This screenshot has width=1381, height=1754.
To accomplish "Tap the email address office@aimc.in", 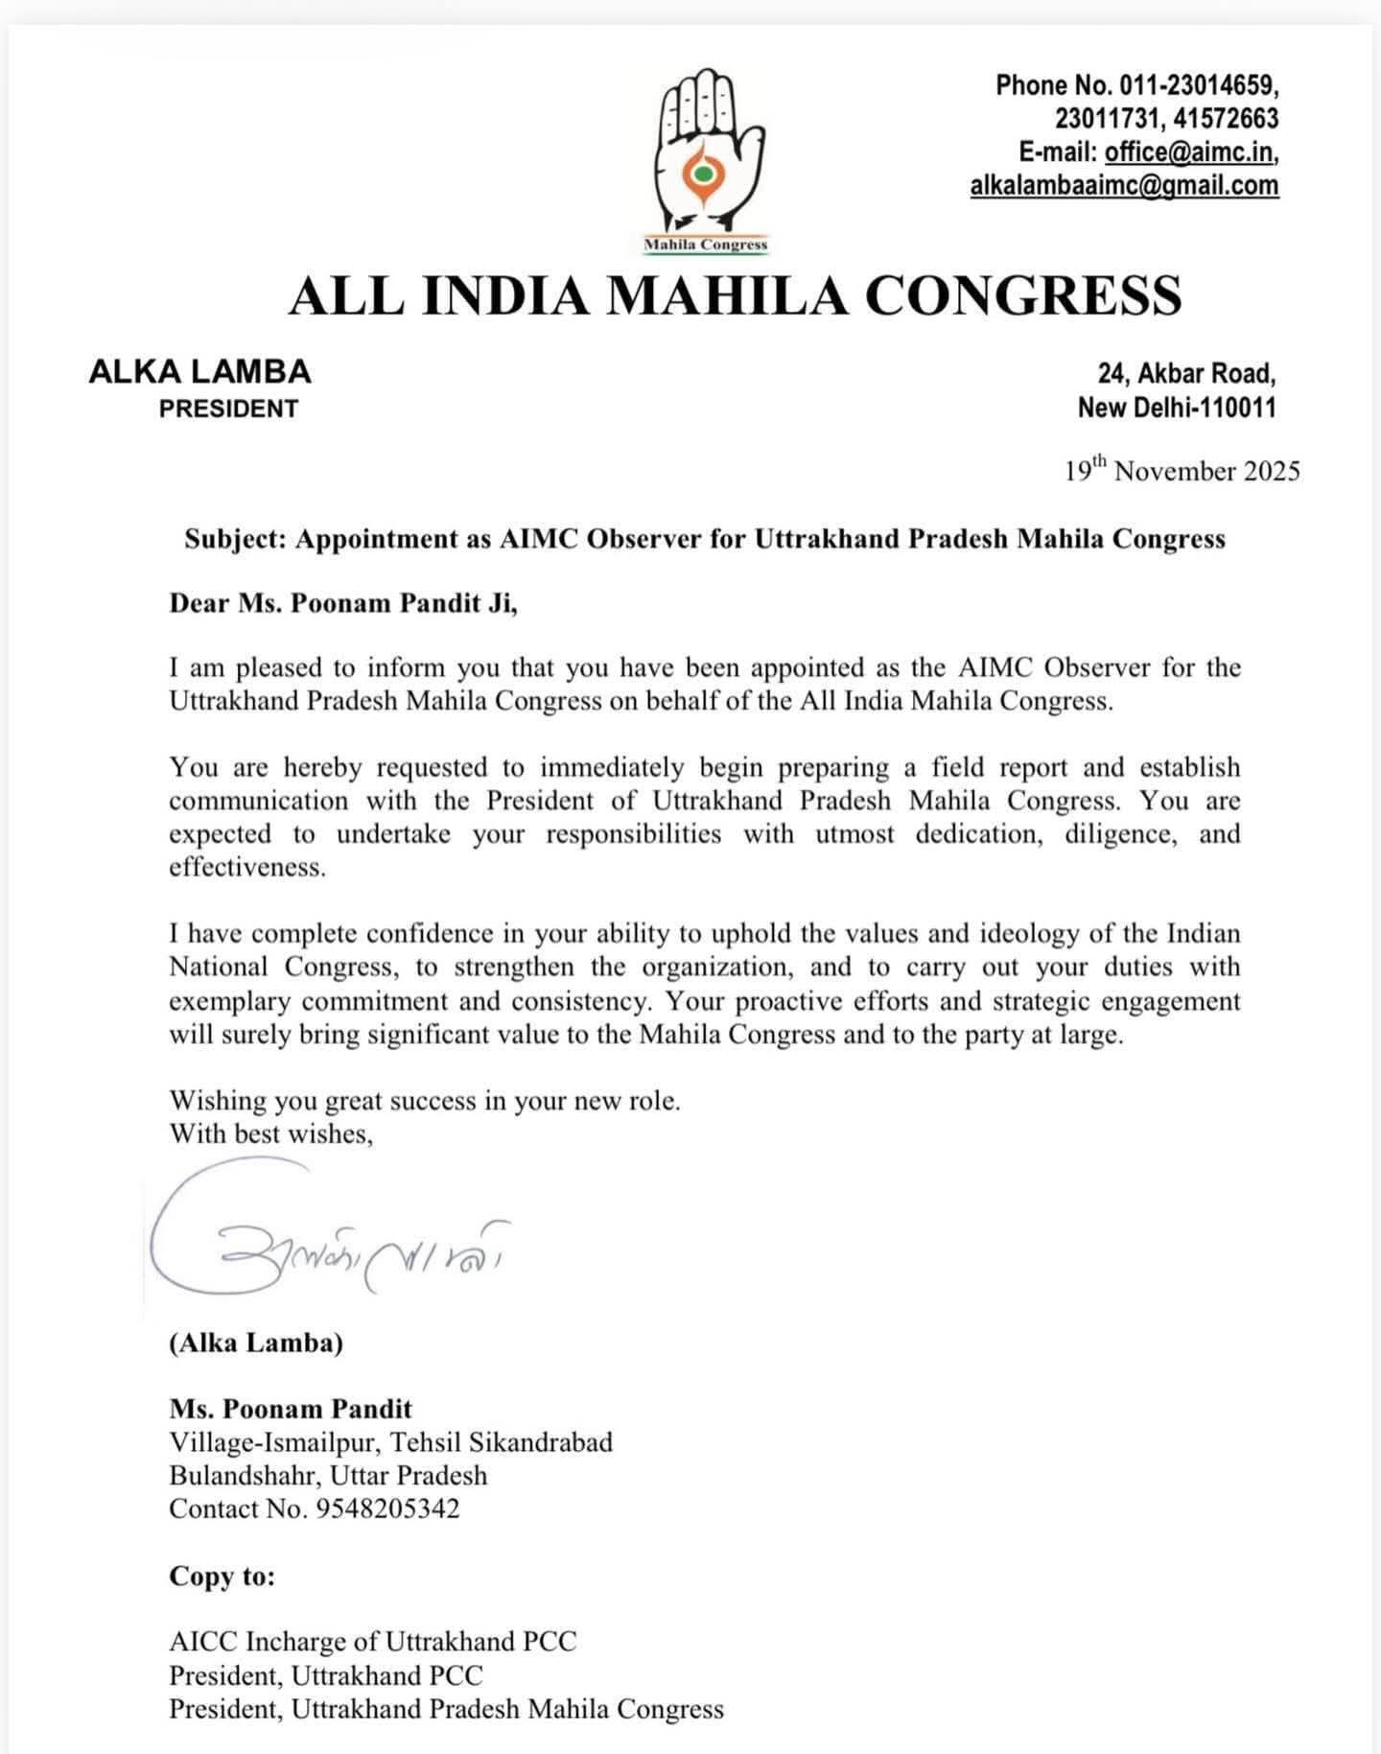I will (1190, 152).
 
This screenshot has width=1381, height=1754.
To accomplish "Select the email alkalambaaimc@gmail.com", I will (1124, 185).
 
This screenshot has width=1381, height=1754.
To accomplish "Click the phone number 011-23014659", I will (1199, 85).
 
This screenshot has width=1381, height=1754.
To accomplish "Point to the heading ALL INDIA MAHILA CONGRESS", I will (735, 295).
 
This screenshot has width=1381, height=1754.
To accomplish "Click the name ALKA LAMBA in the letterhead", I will (199, 371).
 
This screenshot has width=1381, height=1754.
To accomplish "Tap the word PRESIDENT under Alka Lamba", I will (228, 409).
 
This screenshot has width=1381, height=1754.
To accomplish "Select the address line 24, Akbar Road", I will (1186, 372).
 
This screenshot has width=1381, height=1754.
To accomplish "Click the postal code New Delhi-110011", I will (1177, 408).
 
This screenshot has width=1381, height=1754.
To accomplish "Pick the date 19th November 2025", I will (1182, 471).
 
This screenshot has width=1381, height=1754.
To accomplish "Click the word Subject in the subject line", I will (235, 539).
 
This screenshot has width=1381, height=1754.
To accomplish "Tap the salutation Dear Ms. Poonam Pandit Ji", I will (343, 603).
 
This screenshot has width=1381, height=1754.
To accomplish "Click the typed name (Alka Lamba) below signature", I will (256, 1343).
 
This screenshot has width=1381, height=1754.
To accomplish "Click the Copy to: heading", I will (222, 1577).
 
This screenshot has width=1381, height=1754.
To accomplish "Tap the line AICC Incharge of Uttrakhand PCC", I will (373, 1642).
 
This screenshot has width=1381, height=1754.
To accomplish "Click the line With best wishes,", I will (271, 1134).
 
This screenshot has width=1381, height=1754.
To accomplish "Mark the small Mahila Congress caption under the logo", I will (706, 245).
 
